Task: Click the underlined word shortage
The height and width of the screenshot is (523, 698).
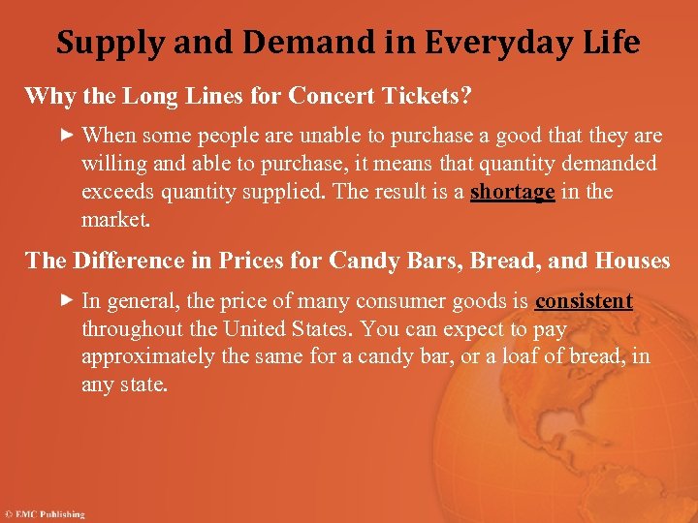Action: point(512,191)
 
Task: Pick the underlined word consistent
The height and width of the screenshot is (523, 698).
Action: point(584,301)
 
